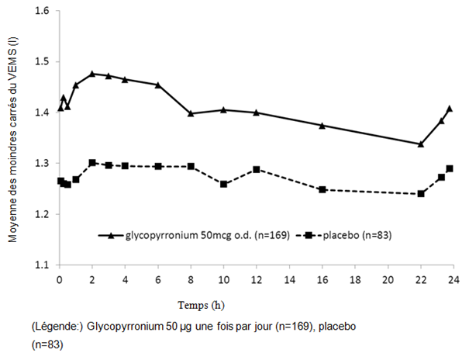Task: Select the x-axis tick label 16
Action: [322, 279]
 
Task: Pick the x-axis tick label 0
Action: [59, 279]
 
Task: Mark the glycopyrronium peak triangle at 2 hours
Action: [92, 74]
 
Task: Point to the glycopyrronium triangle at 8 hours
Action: [191, 113]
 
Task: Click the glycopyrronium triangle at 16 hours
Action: [322, 125]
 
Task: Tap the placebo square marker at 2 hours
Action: [92, 163]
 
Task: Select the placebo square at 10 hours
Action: [223, 184]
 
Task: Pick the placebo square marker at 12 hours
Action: [256, 169]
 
